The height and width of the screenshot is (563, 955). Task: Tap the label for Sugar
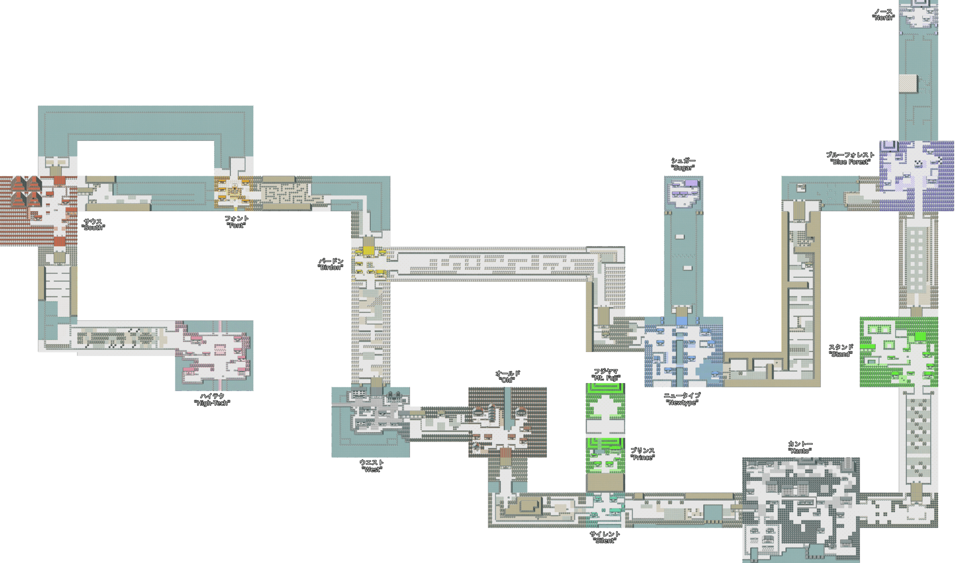point(683,164)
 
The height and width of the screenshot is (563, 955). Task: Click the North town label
point(883,14)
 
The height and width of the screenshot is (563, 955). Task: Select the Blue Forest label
point(850,158)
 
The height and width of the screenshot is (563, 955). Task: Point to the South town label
point(93,224)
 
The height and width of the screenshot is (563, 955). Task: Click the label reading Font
point(236,222)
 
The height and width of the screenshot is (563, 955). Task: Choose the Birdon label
point(331,264)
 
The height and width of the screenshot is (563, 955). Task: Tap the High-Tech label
point(212,399)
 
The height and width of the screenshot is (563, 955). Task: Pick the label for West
point(372,466)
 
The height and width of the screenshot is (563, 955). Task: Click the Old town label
point(507,377)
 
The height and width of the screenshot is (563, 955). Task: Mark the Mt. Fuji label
point(606,374)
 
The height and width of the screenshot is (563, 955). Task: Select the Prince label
point(643,454)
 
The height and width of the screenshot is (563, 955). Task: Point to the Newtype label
point(682,399)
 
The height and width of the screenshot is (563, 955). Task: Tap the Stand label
point(841,350)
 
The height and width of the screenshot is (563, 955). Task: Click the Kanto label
point(800,447)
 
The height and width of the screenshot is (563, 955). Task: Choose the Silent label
point(605,537)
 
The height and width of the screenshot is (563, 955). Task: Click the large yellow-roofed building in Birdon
point(368,250)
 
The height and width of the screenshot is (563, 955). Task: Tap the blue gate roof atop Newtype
point(682,321)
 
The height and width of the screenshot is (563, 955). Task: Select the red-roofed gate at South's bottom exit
point(60,241)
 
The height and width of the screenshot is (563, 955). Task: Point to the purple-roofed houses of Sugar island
point(684,188)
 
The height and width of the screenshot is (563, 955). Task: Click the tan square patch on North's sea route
point(908,83)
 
